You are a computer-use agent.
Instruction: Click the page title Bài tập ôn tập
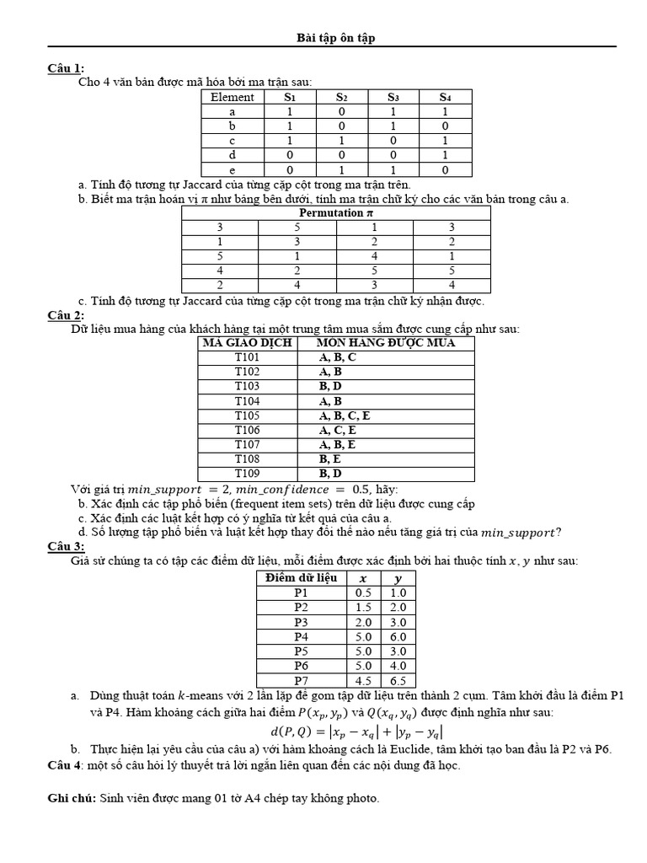pos(330,38)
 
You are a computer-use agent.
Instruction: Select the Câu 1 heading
pos(66,68)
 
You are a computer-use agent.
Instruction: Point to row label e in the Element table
pos(232,169)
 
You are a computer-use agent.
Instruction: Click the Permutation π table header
pos(335,213)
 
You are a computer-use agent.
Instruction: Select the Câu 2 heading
pos(66,314)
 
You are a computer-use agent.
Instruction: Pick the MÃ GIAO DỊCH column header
pos(247,343)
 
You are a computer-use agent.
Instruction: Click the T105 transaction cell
pos(247,415)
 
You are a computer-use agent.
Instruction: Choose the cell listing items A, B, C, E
pos(345,415)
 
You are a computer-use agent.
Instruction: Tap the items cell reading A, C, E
pos(339,430)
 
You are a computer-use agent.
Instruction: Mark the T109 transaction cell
pos(247,473)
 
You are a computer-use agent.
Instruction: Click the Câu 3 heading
pos(66,546)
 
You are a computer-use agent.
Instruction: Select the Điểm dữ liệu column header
pos(301,577)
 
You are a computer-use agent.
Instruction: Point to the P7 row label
pos(301,680)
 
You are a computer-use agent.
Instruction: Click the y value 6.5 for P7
pos(398,680)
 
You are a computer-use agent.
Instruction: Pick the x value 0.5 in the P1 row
pos(364,592)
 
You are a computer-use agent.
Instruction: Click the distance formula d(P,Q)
pos(357,732)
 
